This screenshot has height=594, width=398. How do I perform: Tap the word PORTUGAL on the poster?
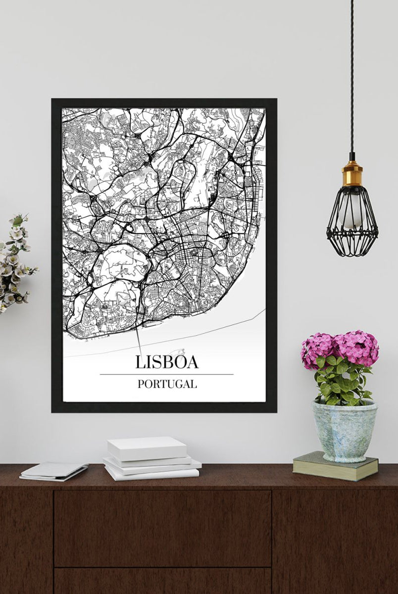167,384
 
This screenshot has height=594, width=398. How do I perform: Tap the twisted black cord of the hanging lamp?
351,74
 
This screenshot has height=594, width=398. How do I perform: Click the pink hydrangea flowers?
342,347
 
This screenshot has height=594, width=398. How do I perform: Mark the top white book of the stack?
147,448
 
